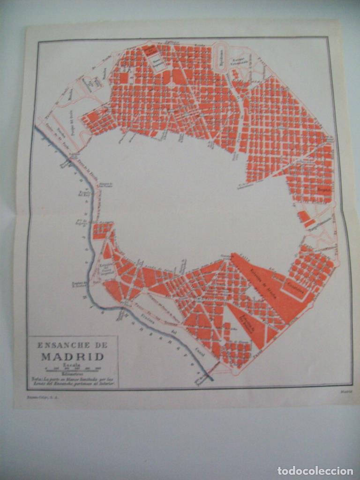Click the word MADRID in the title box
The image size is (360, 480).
[x=73, y=356]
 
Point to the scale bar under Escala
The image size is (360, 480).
[x=73, y=369]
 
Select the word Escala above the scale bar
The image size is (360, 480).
[x=73, y=364]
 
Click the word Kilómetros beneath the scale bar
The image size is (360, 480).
[x=73, y=374]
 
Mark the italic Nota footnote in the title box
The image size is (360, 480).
[x=73, y=380]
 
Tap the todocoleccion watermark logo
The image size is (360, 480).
[x=315, y=470]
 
